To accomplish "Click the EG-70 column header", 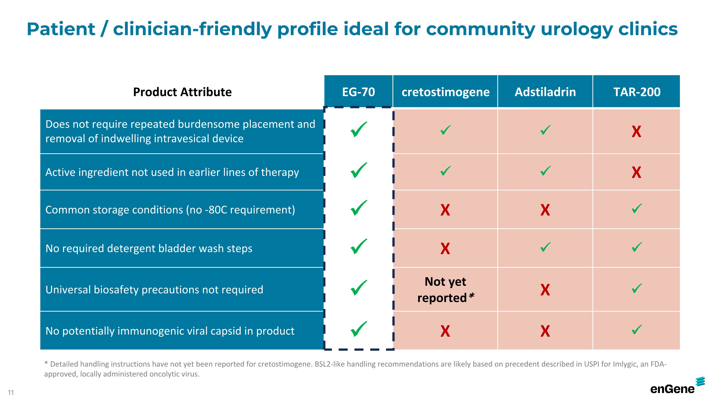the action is click(359, 92).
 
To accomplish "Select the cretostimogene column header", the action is click(445, 92).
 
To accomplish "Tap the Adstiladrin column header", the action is click(545, 92).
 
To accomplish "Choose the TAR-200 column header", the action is click(637, 92).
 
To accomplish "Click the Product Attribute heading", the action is click(182, 92).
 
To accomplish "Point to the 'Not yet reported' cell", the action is click(445, 290).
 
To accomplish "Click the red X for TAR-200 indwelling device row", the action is click(636, 131).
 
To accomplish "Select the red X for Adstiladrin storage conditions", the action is click(545, 210).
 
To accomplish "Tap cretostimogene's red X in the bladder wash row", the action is click(445, 249).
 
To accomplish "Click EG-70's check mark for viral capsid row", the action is click(359, 329).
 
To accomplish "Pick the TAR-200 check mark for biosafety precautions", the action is click(637, 288).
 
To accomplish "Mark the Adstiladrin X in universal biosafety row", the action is click(545, 290).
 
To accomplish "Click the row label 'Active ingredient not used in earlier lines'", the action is click(172, 172).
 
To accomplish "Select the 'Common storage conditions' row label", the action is click(170, 210).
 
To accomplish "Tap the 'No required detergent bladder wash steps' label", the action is click(149, 249).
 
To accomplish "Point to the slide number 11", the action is click(11, 393).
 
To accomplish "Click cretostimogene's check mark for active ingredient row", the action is click(445, 171).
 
